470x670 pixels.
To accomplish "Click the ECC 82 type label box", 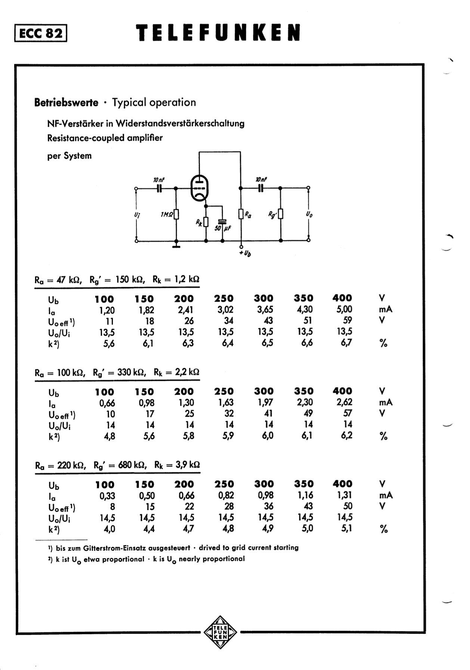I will [41, 33].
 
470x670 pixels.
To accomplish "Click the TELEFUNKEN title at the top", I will [218, 33].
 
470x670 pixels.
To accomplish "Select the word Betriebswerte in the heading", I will [66, 102].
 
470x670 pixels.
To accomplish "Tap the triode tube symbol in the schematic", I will [199, 189].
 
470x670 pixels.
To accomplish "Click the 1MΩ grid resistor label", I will [167, 214].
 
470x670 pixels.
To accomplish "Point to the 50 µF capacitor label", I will [223, 227].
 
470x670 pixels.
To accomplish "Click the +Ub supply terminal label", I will [245, 253].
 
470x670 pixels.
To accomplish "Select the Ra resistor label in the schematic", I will [248, 215].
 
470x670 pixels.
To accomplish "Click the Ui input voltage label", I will [137, 215].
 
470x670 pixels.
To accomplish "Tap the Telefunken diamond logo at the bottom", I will [220, 632].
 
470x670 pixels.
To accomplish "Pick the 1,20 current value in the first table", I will [107, 310].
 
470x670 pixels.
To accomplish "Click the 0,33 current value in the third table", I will [107, 496].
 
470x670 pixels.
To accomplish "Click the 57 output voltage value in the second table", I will [347, 413].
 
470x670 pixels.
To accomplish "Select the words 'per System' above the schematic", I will [69, 156].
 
